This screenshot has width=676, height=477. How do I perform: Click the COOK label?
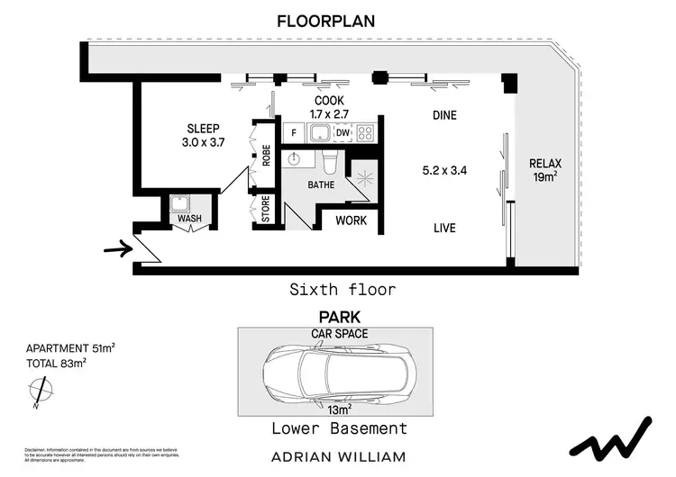[x=329, y=101]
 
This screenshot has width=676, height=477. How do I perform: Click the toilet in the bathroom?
[x=331, y=163]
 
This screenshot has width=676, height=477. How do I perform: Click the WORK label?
[x=351, y=220]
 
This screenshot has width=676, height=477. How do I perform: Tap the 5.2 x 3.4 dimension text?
[x=444, y=169]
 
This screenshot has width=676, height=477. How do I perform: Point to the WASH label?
[x=189, y=218]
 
